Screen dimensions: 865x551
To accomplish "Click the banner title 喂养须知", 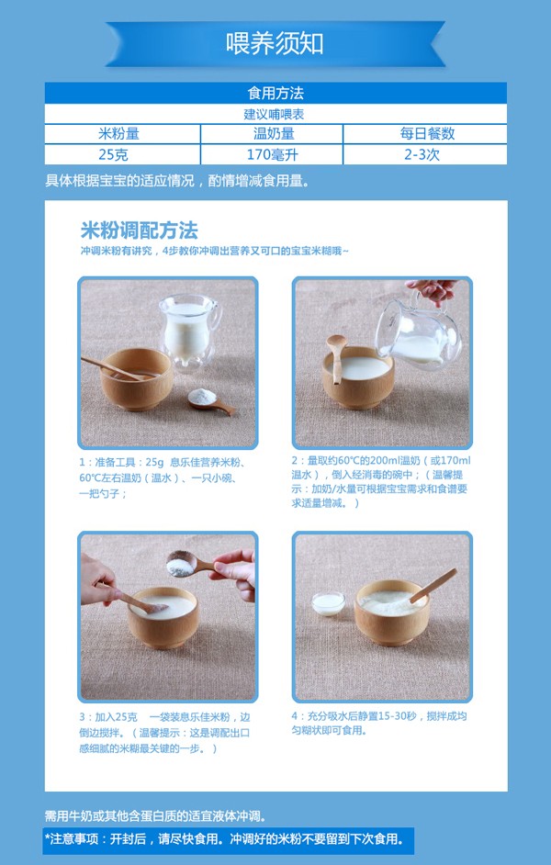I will (x=275, y=43).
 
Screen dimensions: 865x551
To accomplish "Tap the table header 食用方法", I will (x=275, y=94).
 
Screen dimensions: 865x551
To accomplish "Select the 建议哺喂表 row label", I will (x=275, y=114).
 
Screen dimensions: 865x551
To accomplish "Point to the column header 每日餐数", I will (x=427, y=134).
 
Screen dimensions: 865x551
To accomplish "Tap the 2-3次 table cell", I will (x=427, y=154).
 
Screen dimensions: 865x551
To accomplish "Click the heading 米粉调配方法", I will (x=139, y=230).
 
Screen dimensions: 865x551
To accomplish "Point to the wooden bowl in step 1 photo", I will (x=136, y=378).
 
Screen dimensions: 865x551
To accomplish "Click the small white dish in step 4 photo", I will (x=328, y=602).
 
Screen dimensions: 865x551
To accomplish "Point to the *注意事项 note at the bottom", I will (x=224, y=839).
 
